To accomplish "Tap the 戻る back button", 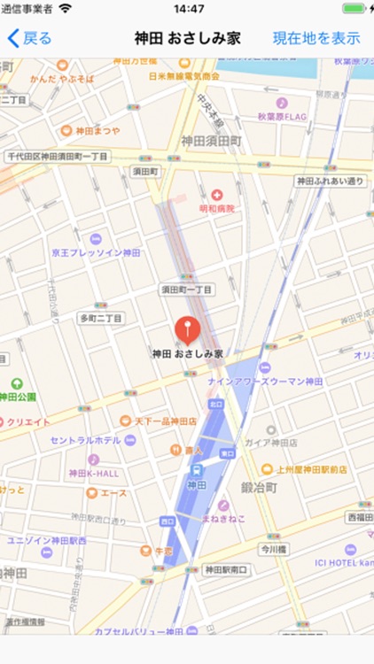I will pos(29,38).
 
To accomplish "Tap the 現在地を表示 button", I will pos(316,38).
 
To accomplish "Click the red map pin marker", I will pos(187,331).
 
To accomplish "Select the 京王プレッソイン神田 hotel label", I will pos(96,252).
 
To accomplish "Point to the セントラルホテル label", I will pos(85,440).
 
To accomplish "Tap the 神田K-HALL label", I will pos(93,473).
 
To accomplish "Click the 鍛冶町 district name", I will pos(260,487).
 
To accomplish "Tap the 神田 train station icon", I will pos(196,471).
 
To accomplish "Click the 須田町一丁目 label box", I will pos(186,290).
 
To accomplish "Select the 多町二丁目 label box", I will pos(102,317).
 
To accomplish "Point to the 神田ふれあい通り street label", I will pos(330,181).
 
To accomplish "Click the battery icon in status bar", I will pos(355,9).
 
